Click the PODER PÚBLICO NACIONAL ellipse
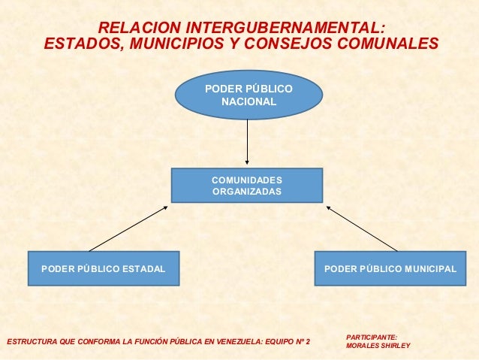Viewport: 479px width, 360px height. coord(249,95)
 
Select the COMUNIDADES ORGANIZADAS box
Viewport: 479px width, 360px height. coord(246,186)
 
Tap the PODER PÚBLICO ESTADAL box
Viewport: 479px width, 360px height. coord(104,268)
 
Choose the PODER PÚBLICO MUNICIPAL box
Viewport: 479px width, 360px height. coord(390,268)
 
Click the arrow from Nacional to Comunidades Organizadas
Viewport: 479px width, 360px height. coord(247,143)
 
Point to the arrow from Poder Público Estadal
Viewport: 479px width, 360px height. coord(128,228)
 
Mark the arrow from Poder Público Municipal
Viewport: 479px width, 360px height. coord(362,228)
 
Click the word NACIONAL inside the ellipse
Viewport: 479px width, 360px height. coord(249,101)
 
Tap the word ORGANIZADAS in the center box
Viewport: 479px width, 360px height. coord(247,192)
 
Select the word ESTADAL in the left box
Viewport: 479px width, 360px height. coord(144,269)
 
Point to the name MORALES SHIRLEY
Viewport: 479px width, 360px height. coord(378,346)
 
